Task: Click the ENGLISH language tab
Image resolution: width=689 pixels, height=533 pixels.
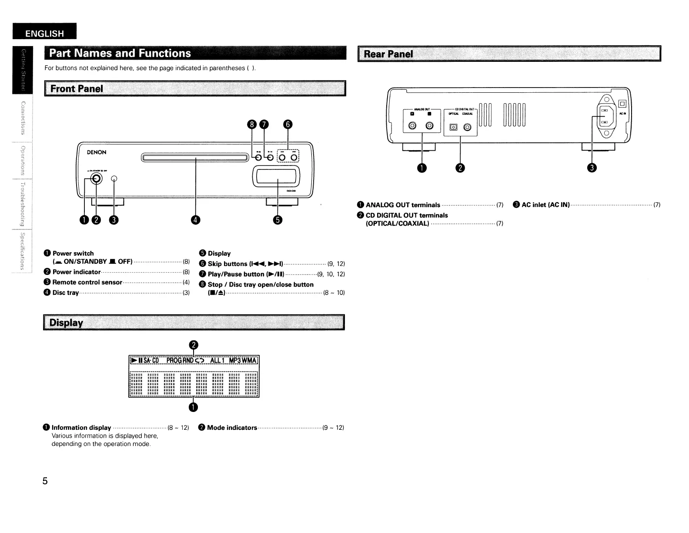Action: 44,34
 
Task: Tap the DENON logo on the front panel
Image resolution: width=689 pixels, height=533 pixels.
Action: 97,152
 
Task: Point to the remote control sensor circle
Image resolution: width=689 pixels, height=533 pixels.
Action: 114,179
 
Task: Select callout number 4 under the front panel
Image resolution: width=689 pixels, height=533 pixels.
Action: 196,220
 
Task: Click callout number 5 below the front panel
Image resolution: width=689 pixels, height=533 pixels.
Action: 278,220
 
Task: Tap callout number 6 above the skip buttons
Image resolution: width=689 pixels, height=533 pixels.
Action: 288,125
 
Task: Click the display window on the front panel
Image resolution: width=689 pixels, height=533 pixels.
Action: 276,177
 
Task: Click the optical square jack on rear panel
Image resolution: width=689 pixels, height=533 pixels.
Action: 454,127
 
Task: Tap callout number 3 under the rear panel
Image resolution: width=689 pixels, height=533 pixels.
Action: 592,168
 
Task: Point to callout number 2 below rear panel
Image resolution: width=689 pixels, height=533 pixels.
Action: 461,168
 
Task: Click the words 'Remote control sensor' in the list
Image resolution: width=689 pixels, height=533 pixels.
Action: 87,282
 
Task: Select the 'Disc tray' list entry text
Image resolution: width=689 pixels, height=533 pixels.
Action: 66,293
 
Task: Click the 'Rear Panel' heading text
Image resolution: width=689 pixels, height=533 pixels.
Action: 388,54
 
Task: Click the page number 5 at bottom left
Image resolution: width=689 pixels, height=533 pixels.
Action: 45,481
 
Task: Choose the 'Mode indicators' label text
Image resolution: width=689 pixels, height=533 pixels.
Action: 232,428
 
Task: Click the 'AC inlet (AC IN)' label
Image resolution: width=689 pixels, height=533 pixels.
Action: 545,205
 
